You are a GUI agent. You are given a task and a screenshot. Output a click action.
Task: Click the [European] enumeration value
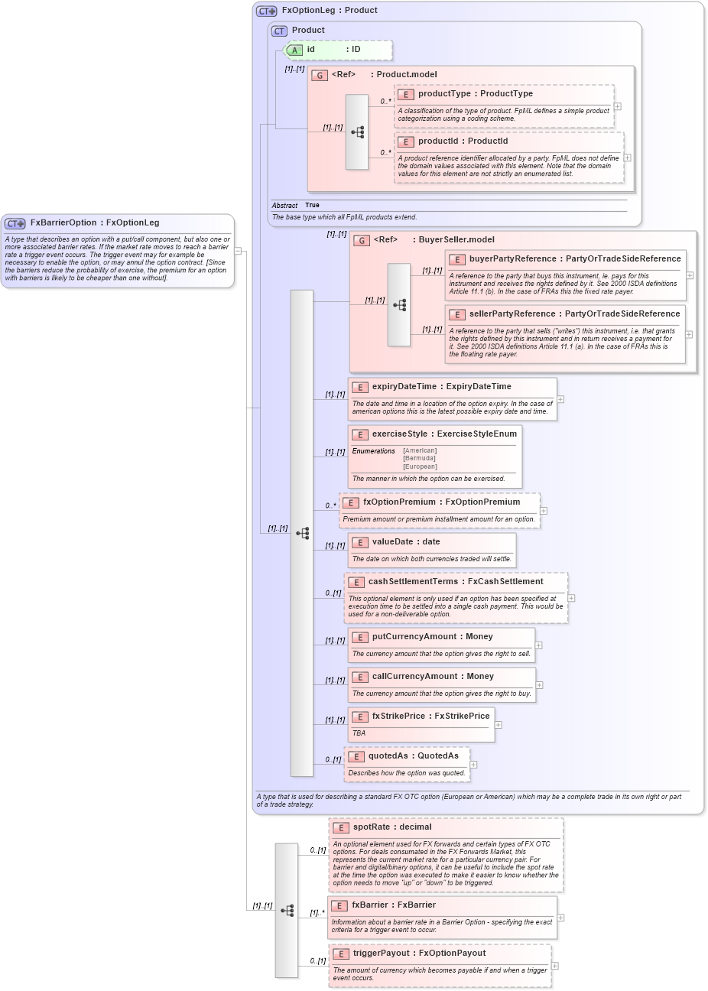coord(420,466)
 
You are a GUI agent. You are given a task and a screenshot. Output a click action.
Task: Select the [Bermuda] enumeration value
coord(419,459)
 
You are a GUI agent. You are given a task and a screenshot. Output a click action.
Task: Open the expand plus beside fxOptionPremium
coord(544,511)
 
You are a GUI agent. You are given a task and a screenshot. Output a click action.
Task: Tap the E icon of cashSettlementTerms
coord(356,582)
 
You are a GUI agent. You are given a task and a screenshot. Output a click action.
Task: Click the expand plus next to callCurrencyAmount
coord(539,685)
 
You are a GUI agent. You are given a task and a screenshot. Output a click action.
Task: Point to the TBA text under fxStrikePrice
coord(359,733)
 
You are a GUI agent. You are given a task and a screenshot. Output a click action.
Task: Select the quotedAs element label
coord(388,756)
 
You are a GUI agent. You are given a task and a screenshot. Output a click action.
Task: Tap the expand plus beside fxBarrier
coord(560,918)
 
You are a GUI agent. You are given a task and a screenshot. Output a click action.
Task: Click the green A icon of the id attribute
coord(295,50)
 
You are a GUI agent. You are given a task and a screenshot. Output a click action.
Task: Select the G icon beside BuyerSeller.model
coord(361,240)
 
